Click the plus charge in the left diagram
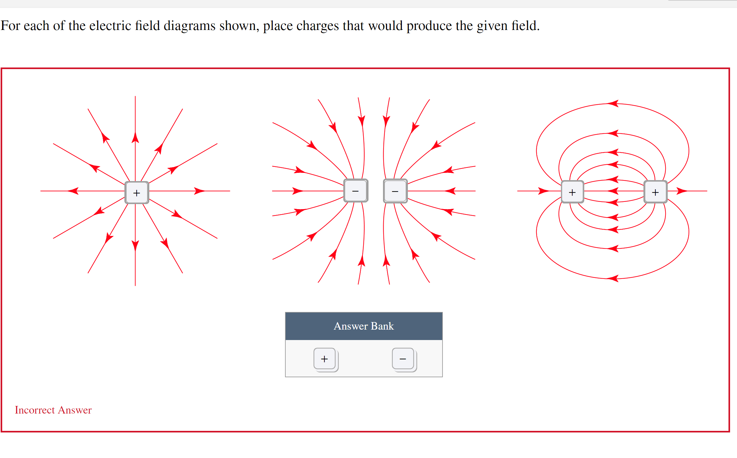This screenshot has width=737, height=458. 137,192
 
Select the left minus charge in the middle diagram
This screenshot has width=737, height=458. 356,191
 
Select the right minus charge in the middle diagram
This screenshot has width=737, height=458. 395,191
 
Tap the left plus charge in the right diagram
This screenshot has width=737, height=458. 572,192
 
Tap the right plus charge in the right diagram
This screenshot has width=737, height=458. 655,192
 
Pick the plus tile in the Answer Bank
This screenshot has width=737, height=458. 325,359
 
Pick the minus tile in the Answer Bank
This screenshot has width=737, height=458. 403,359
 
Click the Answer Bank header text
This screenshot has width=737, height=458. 364,326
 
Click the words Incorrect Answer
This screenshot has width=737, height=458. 53,410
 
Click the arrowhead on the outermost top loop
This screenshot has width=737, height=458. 613,103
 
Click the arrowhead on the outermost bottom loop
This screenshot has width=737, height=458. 613,278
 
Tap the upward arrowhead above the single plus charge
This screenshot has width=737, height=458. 135,138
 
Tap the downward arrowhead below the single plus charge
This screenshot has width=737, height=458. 135,245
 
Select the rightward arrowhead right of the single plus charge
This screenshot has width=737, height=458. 199,191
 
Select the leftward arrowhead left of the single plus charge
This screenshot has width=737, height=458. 73,191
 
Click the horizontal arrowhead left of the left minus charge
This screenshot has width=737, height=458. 298,191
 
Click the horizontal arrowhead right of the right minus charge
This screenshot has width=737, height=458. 450,191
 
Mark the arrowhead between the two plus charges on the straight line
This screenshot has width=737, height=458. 613,191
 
